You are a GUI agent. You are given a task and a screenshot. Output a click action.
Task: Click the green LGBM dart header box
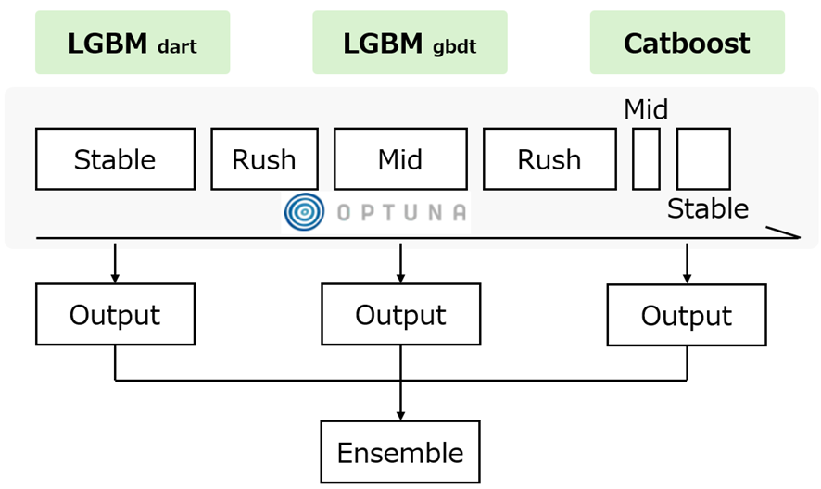[x=133, y=43]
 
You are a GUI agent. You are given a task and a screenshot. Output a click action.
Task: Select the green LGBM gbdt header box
[x=410, y=43]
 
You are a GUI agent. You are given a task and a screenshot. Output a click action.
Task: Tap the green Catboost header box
[x=688, y=43]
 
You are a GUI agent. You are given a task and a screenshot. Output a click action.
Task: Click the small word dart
[x=177, y=46]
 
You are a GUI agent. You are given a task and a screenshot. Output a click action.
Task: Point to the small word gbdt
[x=454, y=47]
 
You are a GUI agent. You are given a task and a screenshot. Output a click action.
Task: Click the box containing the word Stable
[x=115, y=159]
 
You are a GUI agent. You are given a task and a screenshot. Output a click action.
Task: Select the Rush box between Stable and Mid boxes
[x=264, y=159]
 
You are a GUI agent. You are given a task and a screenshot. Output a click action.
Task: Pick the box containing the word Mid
[x=400, y=159]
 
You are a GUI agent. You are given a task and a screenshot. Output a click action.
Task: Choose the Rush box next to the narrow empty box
[x=549, y=159]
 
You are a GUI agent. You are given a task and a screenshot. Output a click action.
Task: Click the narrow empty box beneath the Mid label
[x=646, y=159]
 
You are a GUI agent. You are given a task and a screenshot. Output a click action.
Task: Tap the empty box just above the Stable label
[x=703, y=159]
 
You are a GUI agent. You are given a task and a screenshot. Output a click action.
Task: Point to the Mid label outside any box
[x=646, y=109]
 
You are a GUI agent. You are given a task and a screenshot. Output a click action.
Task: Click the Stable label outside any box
[x=708, y=208]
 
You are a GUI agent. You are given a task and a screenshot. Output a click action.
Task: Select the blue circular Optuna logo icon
[x=304, y=212]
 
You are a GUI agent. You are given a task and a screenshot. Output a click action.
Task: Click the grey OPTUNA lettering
[x=401, y=213]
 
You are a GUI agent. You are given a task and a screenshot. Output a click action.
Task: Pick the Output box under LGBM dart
[x=115, y=314]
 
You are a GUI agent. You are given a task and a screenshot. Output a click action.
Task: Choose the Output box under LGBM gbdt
[x=401, y=314]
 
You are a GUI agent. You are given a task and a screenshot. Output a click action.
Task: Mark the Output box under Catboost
[x=687, y=315]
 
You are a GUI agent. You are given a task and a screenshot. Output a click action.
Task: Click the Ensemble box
[x=400, y=452]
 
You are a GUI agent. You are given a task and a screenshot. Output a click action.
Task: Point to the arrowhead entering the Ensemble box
[x=400, y=416]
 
